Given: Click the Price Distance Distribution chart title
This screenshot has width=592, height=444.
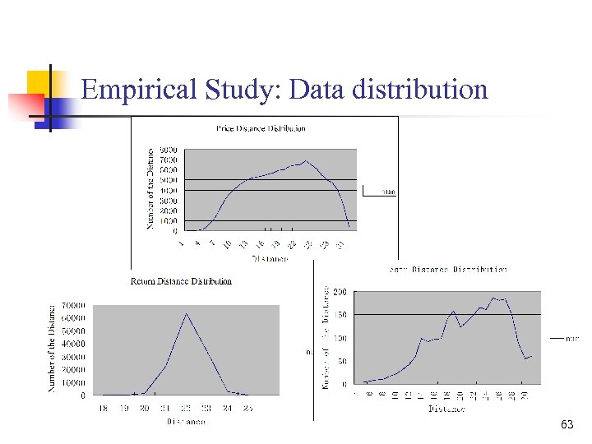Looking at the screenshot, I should pos(261,128).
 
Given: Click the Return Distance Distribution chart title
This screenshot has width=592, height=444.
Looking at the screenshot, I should pos(181,281).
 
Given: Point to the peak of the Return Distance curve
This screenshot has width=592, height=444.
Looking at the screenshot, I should pos(187,313).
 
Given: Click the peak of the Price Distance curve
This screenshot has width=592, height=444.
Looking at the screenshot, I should pos(306,160).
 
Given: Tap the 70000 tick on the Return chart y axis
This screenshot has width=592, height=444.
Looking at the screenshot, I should pos(73,307).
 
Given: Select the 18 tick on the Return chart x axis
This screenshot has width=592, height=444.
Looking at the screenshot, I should pos(103,408).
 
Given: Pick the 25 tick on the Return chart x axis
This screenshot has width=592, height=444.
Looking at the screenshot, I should pos(247,408).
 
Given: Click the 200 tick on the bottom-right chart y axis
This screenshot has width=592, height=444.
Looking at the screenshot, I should pos(339,292).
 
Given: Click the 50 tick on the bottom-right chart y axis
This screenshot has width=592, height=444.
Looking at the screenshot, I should pos(341,361).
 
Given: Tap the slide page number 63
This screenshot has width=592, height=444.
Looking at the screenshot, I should pos(567,424).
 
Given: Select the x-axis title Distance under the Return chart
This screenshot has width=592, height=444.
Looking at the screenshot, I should pos(186,422).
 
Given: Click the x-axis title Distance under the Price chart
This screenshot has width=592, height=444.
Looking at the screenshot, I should pos(270,258).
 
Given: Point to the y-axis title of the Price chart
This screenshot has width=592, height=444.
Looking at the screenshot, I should pos(150,189).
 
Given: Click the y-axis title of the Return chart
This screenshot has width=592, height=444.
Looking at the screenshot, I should pos(53,348).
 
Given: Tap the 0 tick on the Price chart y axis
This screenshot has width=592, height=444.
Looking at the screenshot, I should pos(174,231).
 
